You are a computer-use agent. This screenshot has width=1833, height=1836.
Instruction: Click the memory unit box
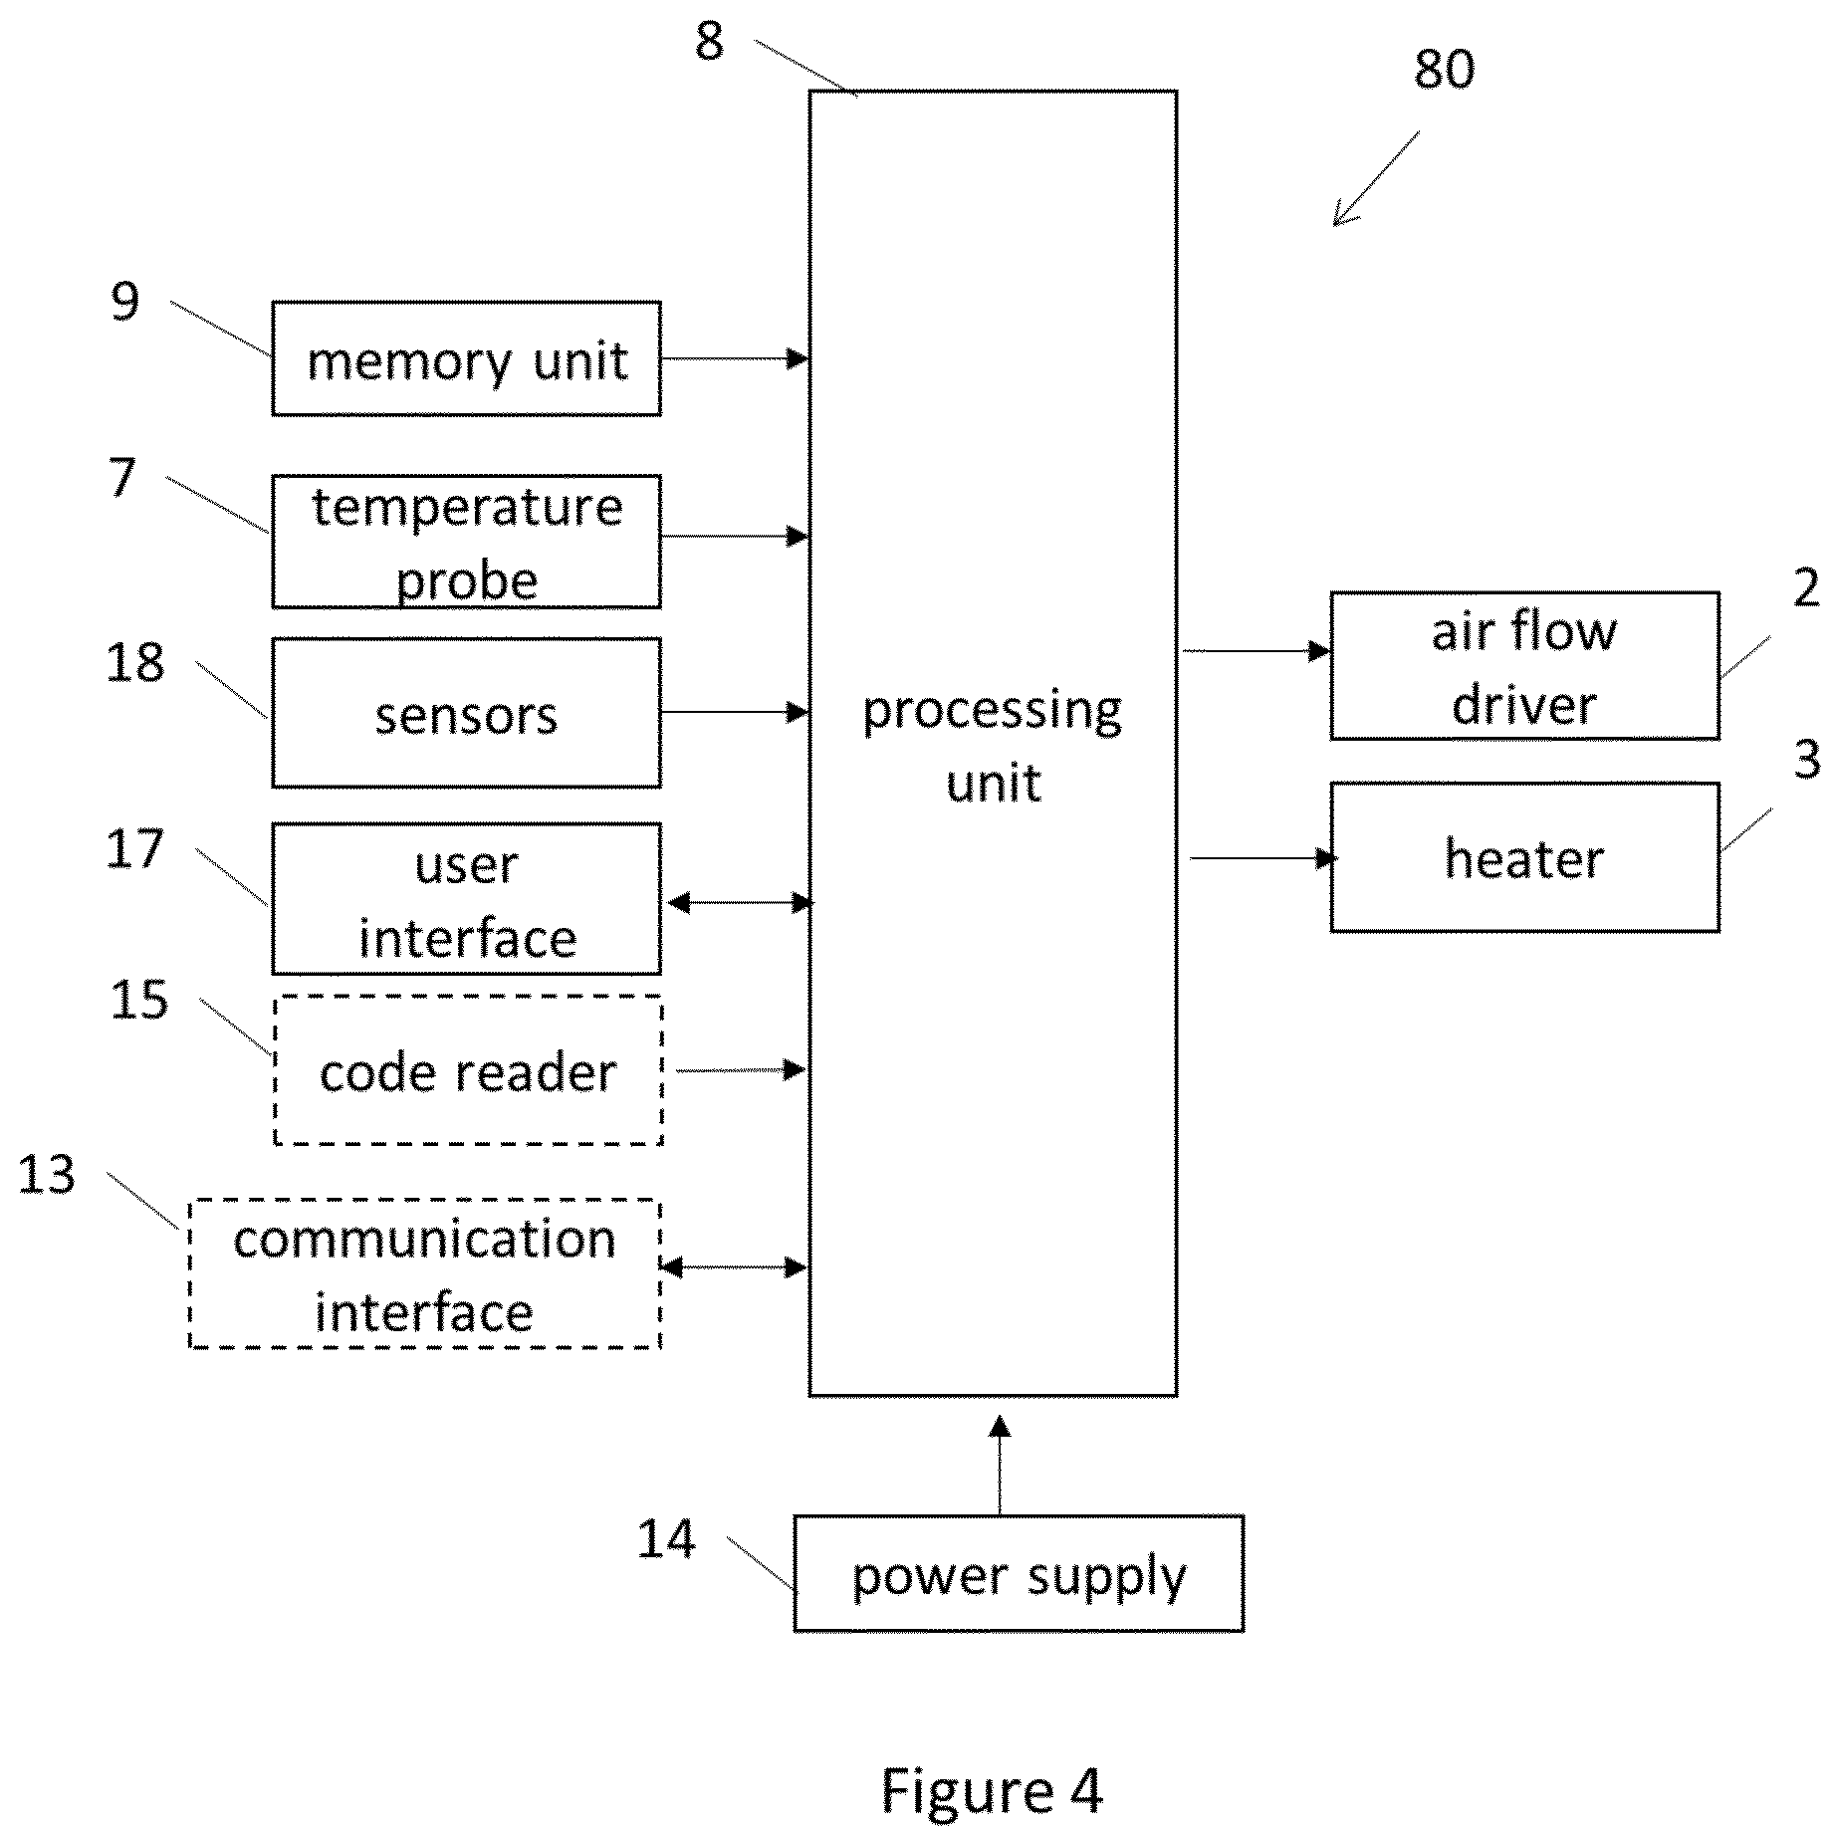(x=466, y=358)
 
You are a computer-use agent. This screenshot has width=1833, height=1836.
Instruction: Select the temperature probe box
(x=466, y=542)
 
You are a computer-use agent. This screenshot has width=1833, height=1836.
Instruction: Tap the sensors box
(x=466, y=713)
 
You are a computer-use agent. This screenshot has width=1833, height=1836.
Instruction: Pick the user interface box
(x=466, y=899)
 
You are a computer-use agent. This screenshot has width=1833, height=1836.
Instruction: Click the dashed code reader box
(x=468, y=1070)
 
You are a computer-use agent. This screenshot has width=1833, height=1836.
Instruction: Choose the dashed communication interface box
(x=425, y=1274)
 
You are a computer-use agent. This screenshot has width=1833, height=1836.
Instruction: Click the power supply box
(x=1019, y=1574)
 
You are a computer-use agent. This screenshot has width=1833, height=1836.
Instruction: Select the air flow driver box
(x=1524, y=666)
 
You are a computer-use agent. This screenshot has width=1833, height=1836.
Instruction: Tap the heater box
(x=1524, y=857)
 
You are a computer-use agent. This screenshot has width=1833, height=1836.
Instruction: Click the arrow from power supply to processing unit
(x=1000, y=1466)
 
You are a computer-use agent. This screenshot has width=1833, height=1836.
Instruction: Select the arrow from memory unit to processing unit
(x=735, y=358)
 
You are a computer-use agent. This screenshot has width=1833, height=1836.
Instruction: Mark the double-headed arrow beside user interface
(x=740, y=903)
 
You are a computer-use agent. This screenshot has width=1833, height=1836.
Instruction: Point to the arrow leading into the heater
(x=1263, y=857)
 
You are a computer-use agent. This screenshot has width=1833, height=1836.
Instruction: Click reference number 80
(x=1444, y=70)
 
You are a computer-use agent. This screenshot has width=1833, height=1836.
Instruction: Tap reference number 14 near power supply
(x=666, y=1538)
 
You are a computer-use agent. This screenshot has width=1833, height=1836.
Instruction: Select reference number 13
(x=46, y=1175)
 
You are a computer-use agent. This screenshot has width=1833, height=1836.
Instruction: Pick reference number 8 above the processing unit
(x=709, y=42)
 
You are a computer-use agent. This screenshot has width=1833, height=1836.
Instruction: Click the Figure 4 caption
(x=992, y=1789)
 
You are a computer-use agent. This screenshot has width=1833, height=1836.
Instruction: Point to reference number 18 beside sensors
(x=135, y=663)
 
